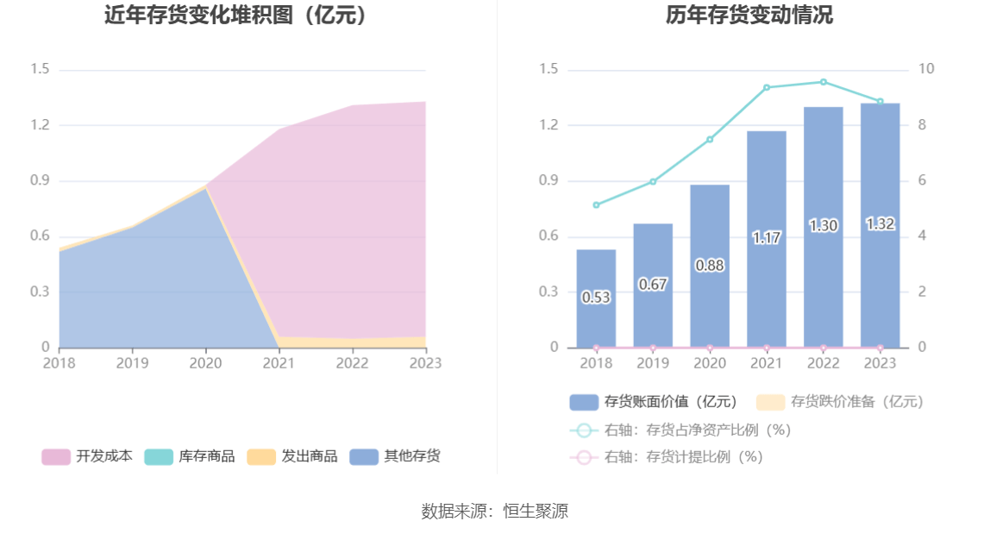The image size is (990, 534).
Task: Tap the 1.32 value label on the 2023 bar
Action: pos(880,224)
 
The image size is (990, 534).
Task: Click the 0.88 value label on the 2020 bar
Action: pos(710,266)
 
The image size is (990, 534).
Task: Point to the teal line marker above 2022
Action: pos(824,82)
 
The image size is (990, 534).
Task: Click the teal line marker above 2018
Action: pos(596,205)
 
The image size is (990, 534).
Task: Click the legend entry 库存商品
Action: pos(190,456)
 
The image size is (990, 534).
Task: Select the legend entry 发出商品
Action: pos(292,456)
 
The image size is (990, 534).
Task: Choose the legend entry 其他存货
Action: pos(395,456)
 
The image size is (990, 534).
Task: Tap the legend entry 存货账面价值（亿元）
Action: pos(654,402)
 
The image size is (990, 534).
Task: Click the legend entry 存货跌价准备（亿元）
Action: pos(840,402)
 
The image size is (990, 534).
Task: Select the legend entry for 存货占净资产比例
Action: pos(680,430)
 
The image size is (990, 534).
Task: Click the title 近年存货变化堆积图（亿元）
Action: pos(235,16)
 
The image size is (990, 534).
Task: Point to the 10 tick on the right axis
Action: pos(926,70)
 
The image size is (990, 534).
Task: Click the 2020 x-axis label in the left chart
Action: pos(205,363)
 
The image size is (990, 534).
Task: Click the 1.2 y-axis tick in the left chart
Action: pos(40,125)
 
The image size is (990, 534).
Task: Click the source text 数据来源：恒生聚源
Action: pos(494,511)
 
